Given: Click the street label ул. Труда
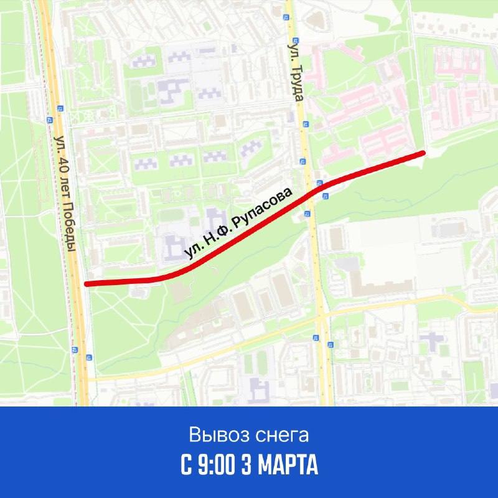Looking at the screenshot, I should pyautogui.click(x=296, y=73).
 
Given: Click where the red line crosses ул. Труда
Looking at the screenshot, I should pyautogui.click(x=315, y=189).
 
